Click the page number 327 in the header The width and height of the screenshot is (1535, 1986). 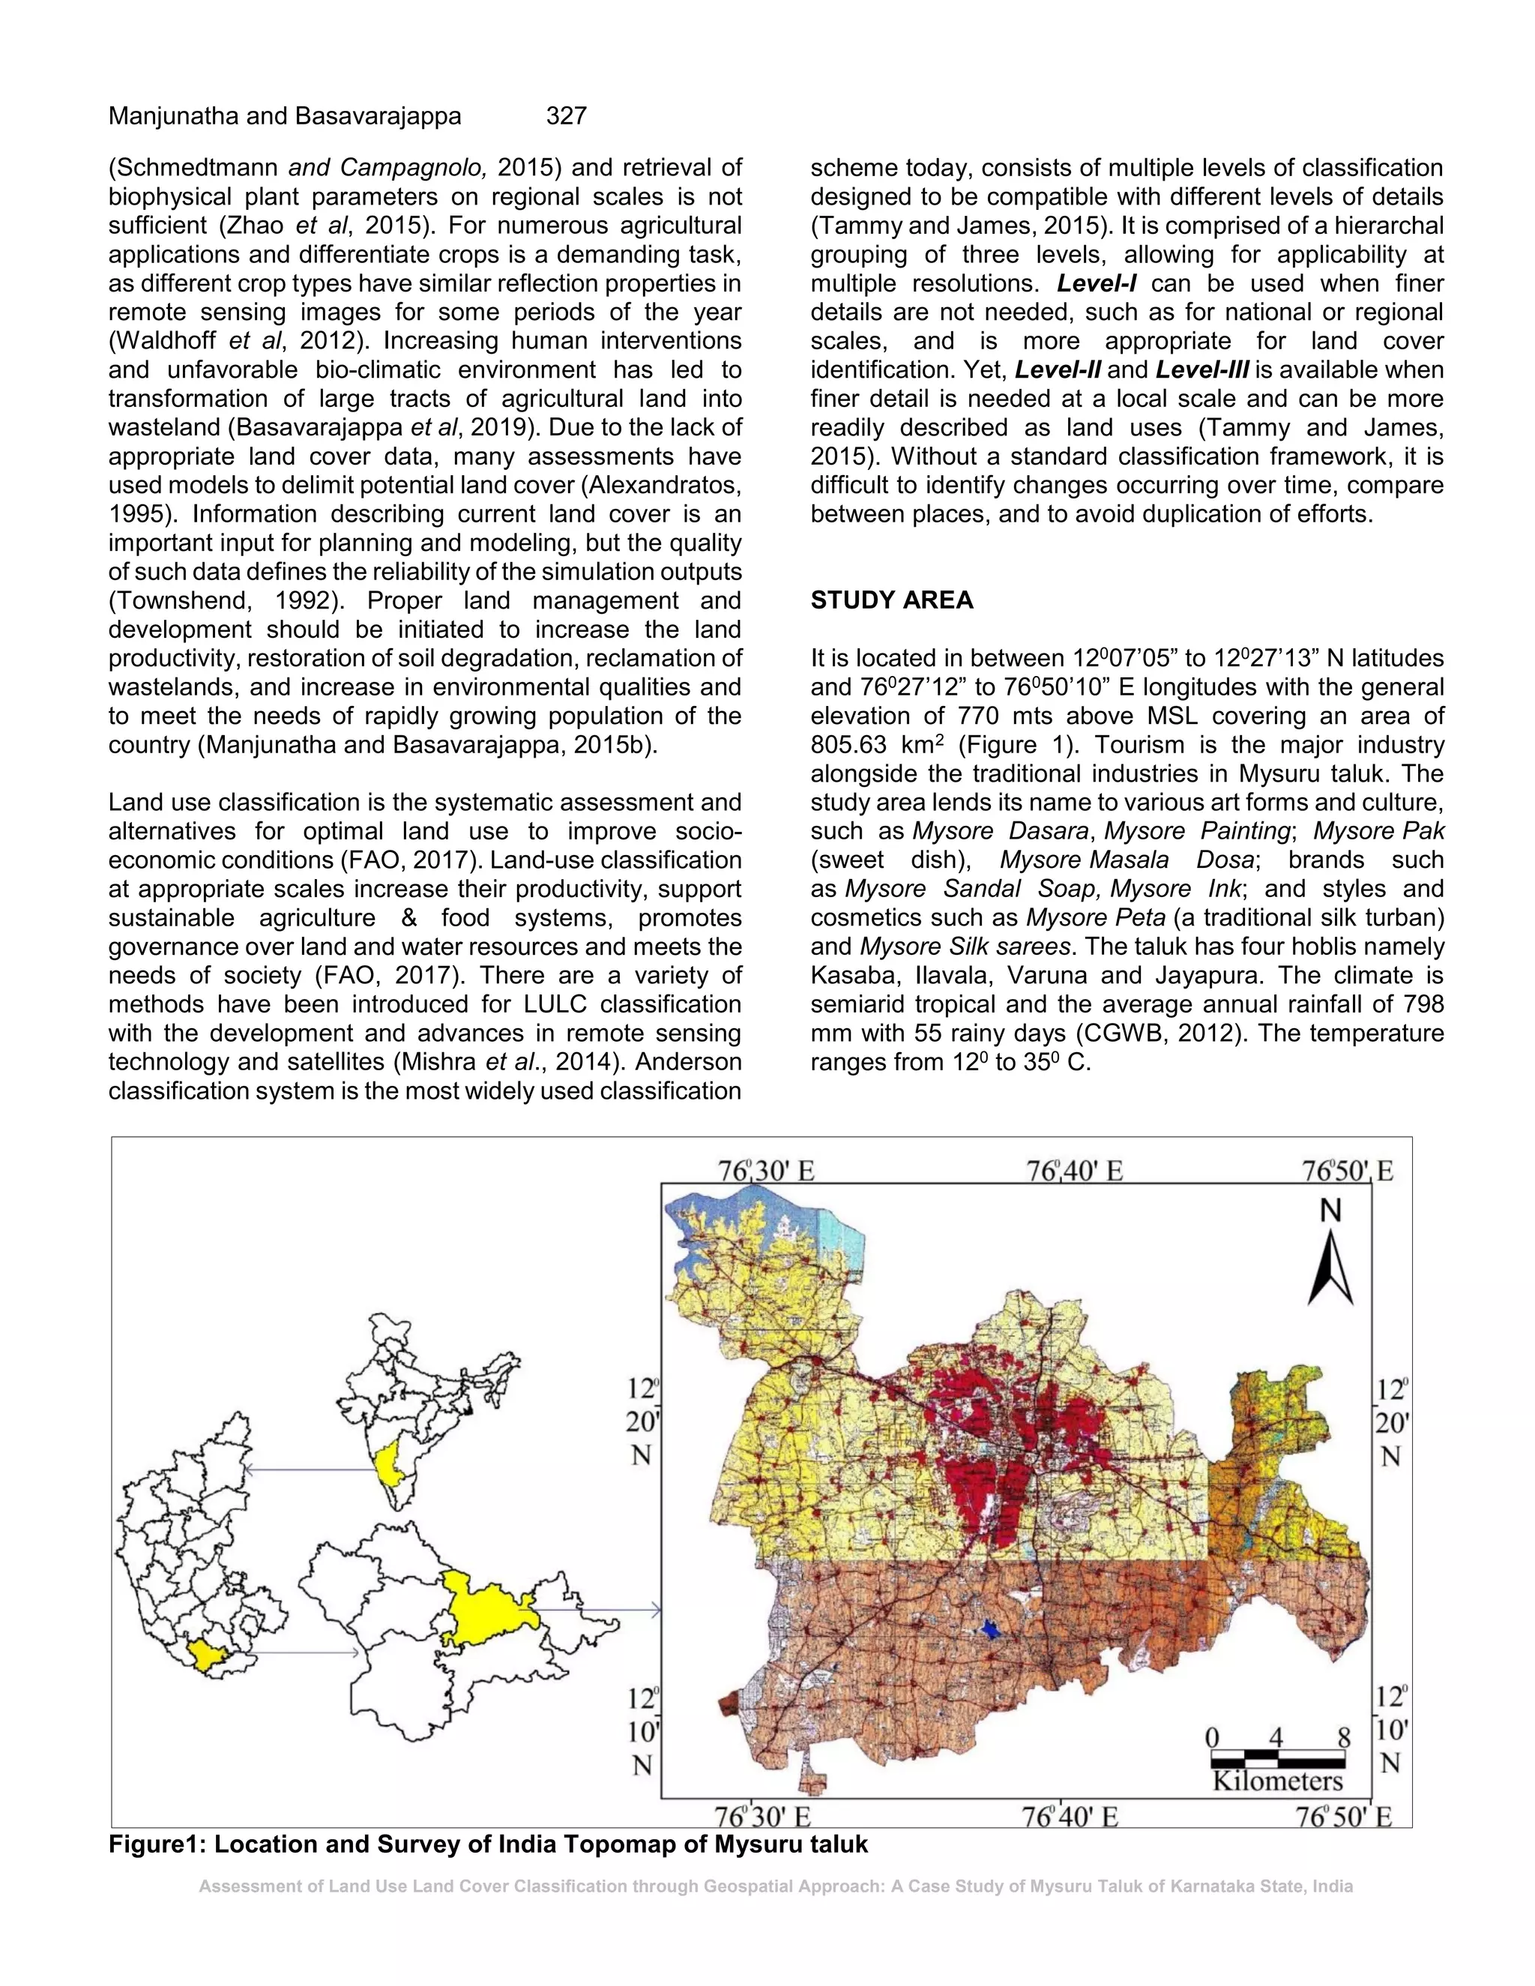tap(566, 115)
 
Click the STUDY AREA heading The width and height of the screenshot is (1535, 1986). tap(891, 600)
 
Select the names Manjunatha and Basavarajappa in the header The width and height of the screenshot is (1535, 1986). tap(285, 115)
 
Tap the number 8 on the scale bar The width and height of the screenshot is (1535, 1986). tap(1343, 1738)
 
